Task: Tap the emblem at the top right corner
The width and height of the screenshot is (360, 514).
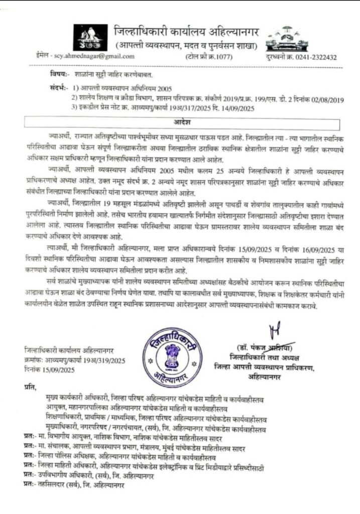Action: [x=290, y=37]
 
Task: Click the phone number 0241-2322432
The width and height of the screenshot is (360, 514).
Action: [x=316, y=57]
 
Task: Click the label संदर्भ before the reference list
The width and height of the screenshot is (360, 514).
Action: [x=60, y=88]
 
